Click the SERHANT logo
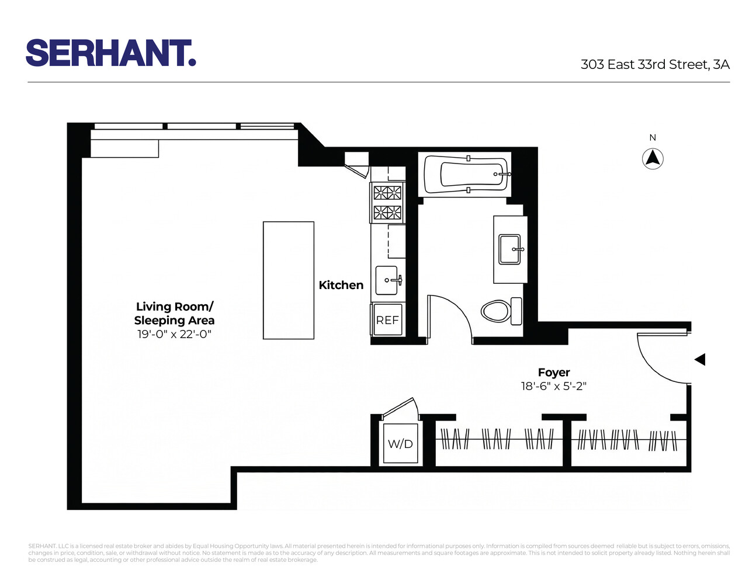(110, 53)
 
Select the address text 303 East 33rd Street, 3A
(655, 64)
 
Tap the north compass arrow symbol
(653, 159)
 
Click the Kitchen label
(341, 285)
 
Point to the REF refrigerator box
(387, 320)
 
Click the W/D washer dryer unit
(400, 444)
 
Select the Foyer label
(553, 373)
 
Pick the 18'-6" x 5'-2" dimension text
(553, 386)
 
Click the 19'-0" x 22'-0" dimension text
(174, 335)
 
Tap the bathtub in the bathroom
(467, 174)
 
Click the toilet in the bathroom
(496, 311)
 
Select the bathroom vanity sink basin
(509, 249)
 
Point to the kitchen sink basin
(387, 280)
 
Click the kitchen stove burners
(387, 202)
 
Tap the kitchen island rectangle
(288, 280)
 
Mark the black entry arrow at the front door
(699, 359)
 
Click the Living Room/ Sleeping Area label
(174, 314)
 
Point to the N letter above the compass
(653, 138)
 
